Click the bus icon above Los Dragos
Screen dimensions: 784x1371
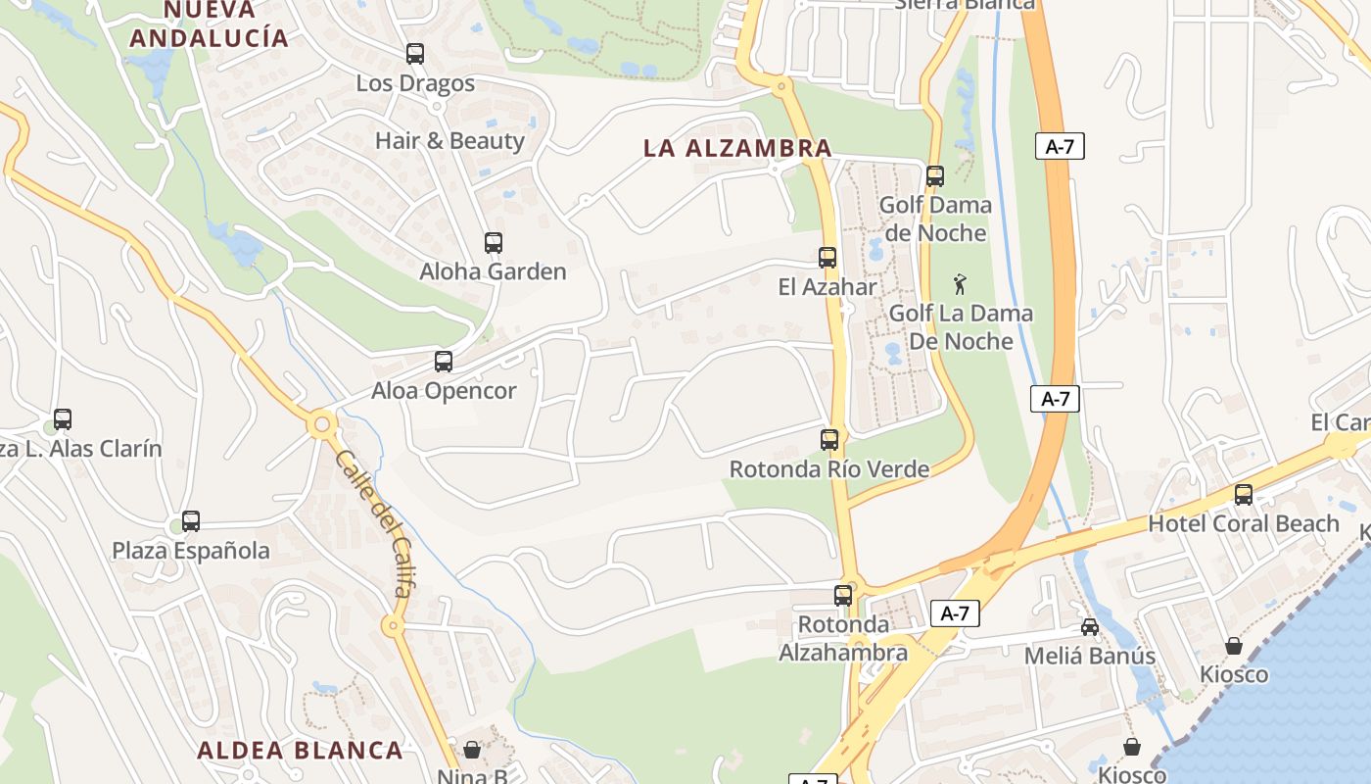click(415, 54)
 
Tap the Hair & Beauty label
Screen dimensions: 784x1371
click(449, 140)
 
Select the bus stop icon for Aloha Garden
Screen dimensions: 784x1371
click(494, 243)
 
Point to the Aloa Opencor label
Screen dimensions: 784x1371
click(444, 391)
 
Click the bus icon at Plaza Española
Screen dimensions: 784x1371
click(191, 521)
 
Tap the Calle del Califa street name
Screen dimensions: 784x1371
click(373, 523)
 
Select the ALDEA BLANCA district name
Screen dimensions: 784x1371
click(300, 751)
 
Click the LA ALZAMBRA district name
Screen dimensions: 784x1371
click(737, 149)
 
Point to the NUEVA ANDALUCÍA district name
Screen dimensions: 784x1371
click(210, 24)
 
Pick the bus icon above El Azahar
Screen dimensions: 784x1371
click(827, 258)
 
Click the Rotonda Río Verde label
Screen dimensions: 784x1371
click(829, 469)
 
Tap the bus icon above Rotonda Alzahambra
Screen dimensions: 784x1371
click(843, 595)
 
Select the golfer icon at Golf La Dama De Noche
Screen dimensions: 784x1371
click(961, 284)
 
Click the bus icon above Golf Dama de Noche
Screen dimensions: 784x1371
click(935, 176)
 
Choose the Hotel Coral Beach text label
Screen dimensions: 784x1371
click(1243, 523)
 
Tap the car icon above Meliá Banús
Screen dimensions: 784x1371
click(1090, 627)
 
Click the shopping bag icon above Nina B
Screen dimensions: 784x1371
click(472, 750)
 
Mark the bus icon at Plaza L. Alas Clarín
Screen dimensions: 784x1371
click(63, 419)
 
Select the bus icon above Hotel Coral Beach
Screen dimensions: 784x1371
click(1244, 495)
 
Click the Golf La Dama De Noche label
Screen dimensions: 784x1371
click(961, 327)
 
